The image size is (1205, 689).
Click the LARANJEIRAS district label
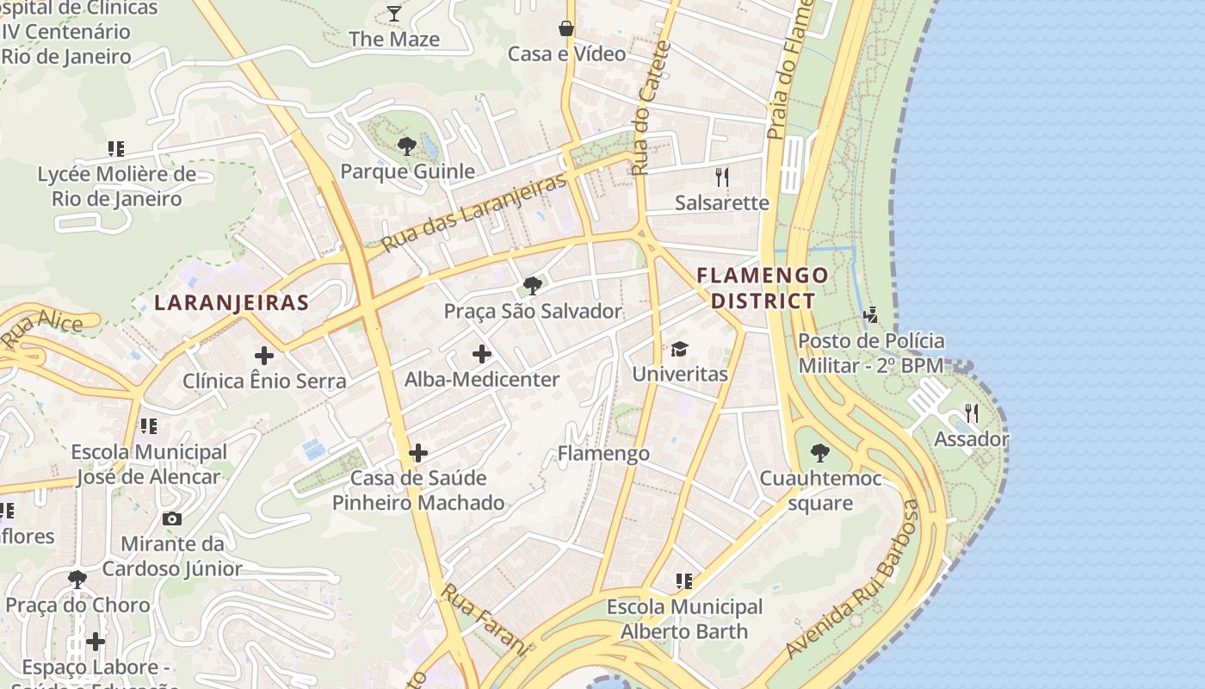[x=231, y=302]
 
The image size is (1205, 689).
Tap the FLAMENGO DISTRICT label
[x=763, y=288]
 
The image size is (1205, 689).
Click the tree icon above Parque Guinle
[x=407, y=146]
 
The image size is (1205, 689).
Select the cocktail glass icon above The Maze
[x=394, y=13]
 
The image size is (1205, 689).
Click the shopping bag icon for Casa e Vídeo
[x=566, y=28]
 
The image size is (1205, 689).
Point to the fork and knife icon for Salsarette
[x=722, y=177]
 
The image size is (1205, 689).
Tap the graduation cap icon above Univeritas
[x=680, y=349]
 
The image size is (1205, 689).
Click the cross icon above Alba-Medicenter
[x=482, y=354]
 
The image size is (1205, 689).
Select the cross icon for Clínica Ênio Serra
[x=264, y=355]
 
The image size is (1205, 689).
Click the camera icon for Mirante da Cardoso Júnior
[x=172, y=518]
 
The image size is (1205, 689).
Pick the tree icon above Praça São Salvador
[x=533, y=285]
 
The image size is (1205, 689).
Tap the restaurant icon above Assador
[x=972, y=413]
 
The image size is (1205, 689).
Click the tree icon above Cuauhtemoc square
[x=820, y=452]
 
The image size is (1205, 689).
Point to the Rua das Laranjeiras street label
[x=474, y=212]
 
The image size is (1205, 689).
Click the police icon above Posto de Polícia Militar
[x=871, y=314]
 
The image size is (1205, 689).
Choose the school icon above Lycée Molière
[x=116, y=149]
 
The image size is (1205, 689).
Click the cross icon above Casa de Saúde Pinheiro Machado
[x=418, y=452]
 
